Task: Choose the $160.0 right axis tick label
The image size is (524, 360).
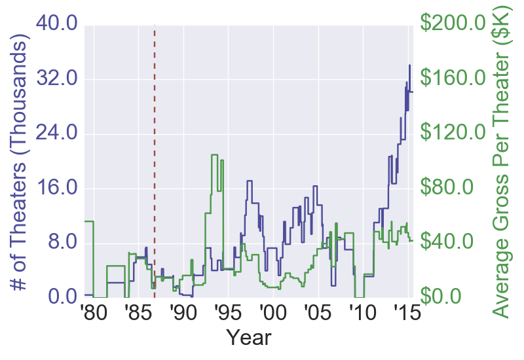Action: (458, 79)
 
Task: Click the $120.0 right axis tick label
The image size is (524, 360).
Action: (458, 134)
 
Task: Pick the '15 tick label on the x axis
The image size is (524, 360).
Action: (406, 312)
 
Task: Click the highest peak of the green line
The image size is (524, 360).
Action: (214, 154)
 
